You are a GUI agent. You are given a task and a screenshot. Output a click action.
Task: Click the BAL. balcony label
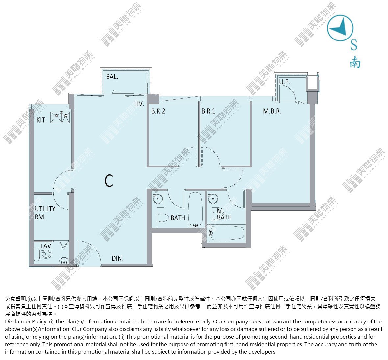pos(112,77)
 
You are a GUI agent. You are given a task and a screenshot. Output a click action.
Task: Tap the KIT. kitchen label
pos(41,120)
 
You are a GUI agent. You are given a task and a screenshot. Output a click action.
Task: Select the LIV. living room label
pos(139,104)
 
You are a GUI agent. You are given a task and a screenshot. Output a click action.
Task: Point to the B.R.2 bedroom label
pos(158,111)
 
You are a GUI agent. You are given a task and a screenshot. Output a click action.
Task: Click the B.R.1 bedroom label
pos(208,111)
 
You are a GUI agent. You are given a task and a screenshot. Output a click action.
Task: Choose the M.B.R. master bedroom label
pos(272,111)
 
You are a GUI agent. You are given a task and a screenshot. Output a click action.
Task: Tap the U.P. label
pos(284,82)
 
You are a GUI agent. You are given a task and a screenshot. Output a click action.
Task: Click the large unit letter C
pos(109,181)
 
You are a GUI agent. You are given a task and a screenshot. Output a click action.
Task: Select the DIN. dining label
pos(117,259)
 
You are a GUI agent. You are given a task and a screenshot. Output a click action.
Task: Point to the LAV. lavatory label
pos(46,246)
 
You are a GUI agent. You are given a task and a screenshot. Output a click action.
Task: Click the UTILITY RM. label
pos(45,213)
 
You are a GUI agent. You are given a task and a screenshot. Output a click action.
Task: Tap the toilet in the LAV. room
pos(45,254)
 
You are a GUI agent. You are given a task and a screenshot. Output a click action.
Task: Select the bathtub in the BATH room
pos(196,210)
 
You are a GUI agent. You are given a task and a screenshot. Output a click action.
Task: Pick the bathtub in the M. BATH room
pos(227,233)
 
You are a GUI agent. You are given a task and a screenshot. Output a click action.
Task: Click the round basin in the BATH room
pos(158,198)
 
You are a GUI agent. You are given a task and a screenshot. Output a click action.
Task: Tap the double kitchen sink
pos(60,117)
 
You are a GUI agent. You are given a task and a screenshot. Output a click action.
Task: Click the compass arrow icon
pos(340,28)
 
